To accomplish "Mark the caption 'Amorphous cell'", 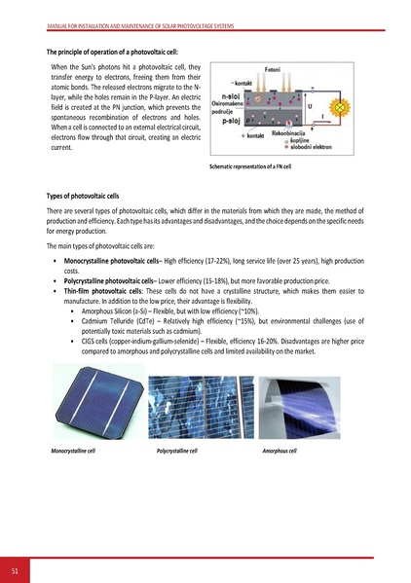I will coord(280,452).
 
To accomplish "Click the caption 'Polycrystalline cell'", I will coord(177,452).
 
